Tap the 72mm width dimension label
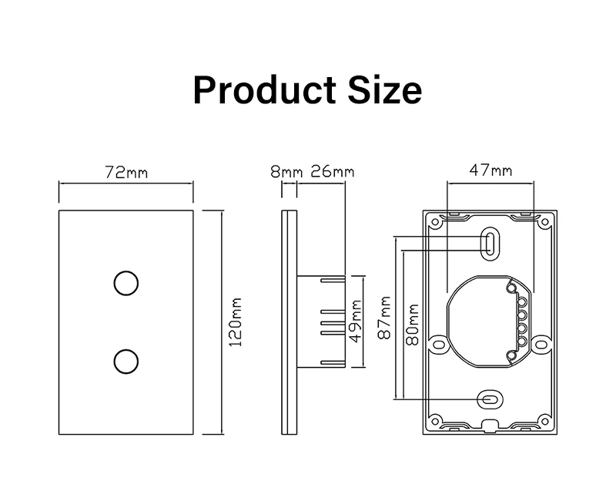(x=126, y=172)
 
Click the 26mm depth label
(x=332, y=172)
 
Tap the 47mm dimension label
(x=490, y=171)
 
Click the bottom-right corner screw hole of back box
(x=545, y=420)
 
